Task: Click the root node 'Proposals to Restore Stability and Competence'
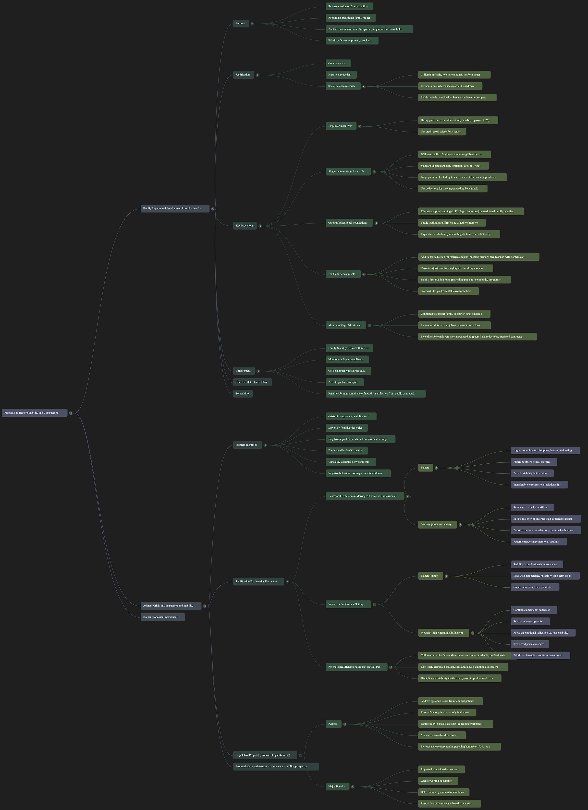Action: click(x=34, y=413)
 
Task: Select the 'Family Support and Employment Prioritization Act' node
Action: click(x=175, y=209)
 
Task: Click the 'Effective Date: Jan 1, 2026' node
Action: click(x=252, y=382)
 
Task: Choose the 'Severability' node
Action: click(x=243, y=394)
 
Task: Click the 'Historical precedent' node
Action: click(x=341, y=75)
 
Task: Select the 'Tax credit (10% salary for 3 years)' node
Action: click(x=441, y=132)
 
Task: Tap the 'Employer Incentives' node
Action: click(x=341, y=126)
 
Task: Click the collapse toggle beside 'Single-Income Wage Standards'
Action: click(x=374, y=172)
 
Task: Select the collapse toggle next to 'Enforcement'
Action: click(x=258, y=371)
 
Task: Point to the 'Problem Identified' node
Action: click(x=247, y=445)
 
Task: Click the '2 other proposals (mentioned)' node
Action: click(x=162, y=617)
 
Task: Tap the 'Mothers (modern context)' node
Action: click(x=437, y=525)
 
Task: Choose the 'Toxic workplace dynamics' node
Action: click(x=530, y=644)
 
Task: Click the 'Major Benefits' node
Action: click(x=337, y=786)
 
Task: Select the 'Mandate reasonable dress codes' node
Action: click(x=441, y=735)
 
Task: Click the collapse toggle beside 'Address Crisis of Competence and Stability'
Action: click(x=205, y=606)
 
